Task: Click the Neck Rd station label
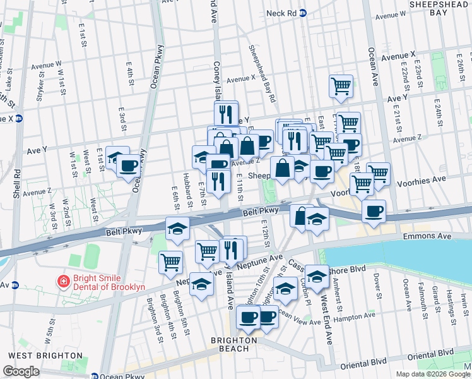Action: [281, 13]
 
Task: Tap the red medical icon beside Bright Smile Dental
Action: [63, 281]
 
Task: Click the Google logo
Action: [21, 371]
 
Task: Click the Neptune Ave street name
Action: [269, 258]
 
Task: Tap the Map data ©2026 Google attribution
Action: [433, 374]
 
